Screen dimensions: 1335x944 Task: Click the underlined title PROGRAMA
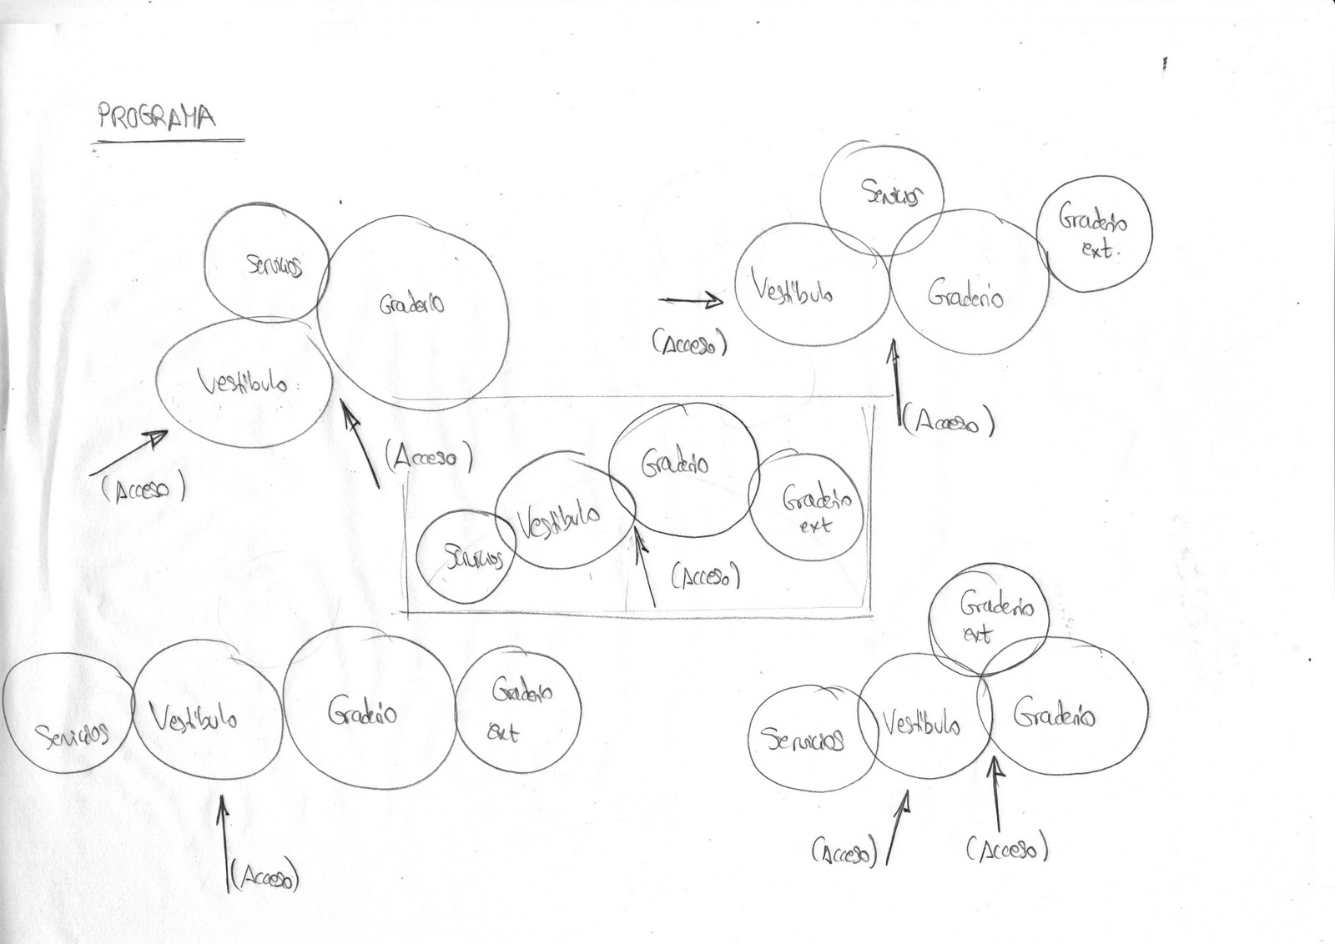156,117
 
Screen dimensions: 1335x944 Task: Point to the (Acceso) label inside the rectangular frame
706,575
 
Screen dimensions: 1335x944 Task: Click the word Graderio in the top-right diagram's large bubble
965,296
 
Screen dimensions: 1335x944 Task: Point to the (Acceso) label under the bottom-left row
264,876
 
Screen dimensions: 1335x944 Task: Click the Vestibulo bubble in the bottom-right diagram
922,724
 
